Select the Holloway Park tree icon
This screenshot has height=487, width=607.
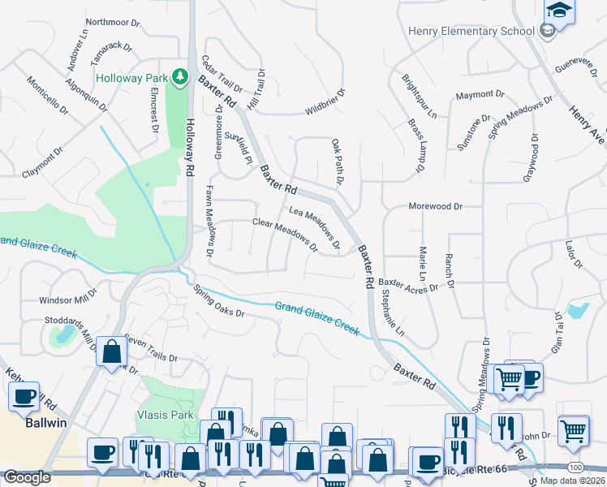click(x=180, y=78)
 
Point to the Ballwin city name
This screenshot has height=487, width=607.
click(x=45, y=424)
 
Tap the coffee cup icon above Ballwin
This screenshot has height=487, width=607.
click(x=24, y=397)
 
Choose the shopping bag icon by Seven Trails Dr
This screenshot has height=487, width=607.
click(x=112, y=352)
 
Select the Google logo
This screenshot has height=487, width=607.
click(x=27, y=477)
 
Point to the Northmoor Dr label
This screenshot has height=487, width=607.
click(x=113, y=22)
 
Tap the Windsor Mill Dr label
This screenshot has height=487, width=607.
click(x=67, y=300)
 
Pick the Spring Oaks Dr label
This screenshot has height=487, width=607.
click(x=218, y=304)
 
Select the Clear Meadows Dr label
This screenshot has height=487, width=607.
click(x=285, y=234)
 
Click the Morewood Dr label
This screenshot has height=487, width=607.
click(x=435, y=207)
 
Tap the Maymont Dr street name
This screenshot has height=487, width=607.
click(x=475, y=95)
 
